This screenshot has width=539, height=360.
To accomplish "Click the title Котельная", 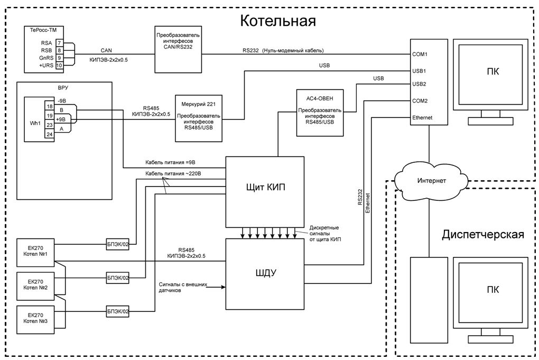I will click(x=278, y=21).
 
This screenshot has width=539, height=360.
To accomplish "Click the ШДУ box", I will click(x=265, y=273).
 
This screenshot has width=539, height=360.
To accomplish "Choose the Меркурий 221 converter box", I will click(x=198, y=117).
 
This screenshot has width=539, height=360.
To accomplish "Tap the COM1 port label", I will click(x=420, y=54).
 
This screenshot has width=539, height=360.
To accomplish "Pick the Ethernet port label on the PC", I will click(x=423, y=118).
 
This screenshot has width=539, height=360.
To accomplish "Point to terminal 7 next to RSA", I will click(x=59, y=43).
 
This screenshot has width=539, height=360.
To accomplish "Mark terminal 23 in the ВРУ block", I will click(x=49, y=125).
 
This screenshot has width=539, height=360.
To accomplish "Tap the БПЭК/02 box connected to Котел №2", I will click(x=118, y=278).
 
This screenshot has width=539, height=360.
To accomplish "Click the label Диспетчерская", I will click(x=482, y=234).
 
